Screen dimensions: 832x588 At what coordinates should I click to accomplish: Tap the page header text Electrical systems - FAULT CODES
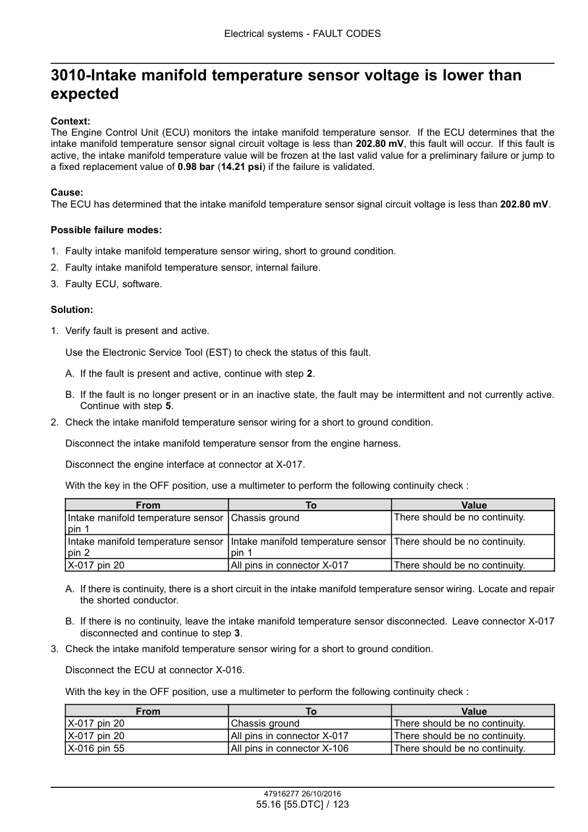click(x=302, y=34)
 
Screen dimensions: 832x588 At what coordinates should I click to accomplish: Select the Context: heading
click(x=70, y=121)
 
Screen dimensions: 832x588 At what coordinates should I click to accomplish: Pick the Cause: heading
click(x=67, y=193)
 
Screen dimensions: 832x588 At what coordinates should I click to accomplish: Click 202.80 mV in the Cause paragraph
click(x=524, y=204)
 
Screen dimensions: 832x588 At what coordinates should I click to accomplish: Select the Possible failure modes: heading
click(x=106, y=230)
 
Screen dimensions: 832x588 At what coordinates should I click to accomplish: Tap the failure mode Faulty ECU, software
click(x=113, y=284)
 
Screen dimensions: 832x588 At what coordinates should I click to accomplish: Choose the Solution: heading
click(x=72, y=309)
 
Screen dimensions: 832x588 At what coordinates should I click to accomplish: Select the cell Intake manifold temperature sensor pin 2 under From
click(x=146, y=547)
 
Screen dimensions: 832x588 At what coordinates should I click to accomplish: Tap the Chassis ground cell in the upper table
click(x=265, y=518)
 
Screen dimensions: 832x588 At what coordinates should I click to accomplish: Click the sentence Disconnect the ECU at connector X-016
click(x=155, y=670)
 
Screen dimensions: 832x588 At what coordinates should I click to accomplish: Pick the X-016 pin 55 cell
click(x=96, y=748)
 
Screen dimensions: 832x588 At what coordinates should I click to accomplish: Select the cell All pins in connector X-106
click(x=290, y=748)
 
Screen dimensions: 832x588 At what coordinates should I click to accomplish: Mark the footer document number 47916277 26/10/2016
click(x=302, y=794)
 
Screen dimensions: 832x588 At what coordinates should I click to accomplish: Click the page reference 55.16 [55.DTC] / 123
click(x=302, y=804)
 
